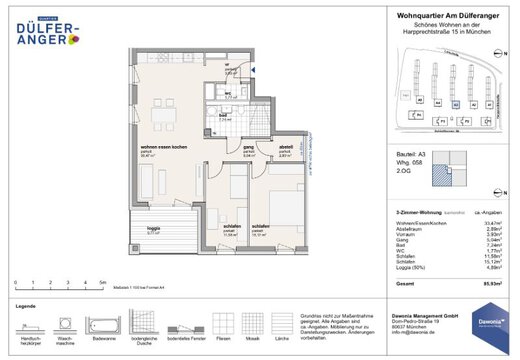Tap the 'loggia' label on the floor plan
point(153,227)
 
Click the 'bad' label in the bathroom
point(225,116)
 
